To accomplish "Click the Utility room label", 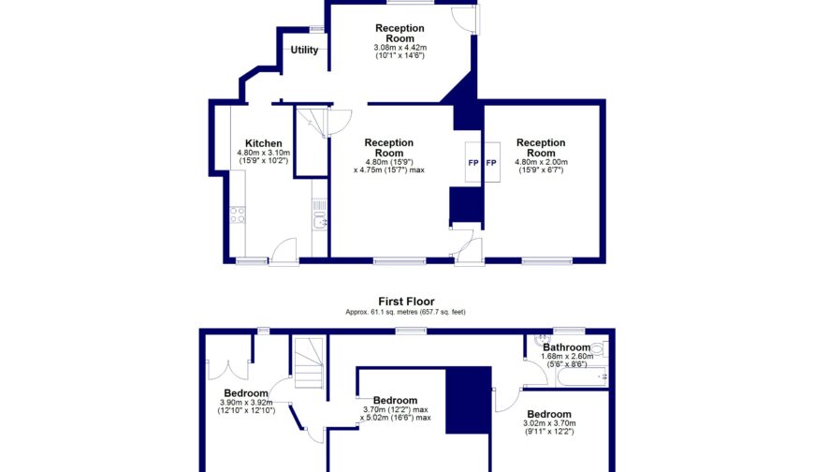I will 304,51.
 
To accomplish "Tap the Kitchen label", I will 263,143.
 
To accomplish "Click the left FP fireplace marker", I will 473,163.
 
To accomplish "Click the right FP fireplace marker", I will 491,163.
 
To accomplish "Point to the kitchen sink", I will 319,221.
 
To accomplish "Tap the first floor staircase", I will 308,363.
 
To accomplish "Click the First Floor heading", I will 406,302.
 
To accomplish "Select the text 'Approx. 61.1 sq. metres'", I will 380,312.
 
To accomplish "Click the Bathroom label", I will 567,347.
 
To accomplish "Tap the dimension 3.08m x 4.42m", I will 400,47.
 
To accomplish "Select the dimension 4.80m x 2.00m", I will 541,162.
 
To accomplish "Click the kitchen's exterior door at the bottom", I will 283,250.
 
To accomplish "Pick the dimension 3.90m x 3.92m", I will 246,403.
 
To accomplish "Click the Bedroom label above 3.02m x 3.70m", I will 548,414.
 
